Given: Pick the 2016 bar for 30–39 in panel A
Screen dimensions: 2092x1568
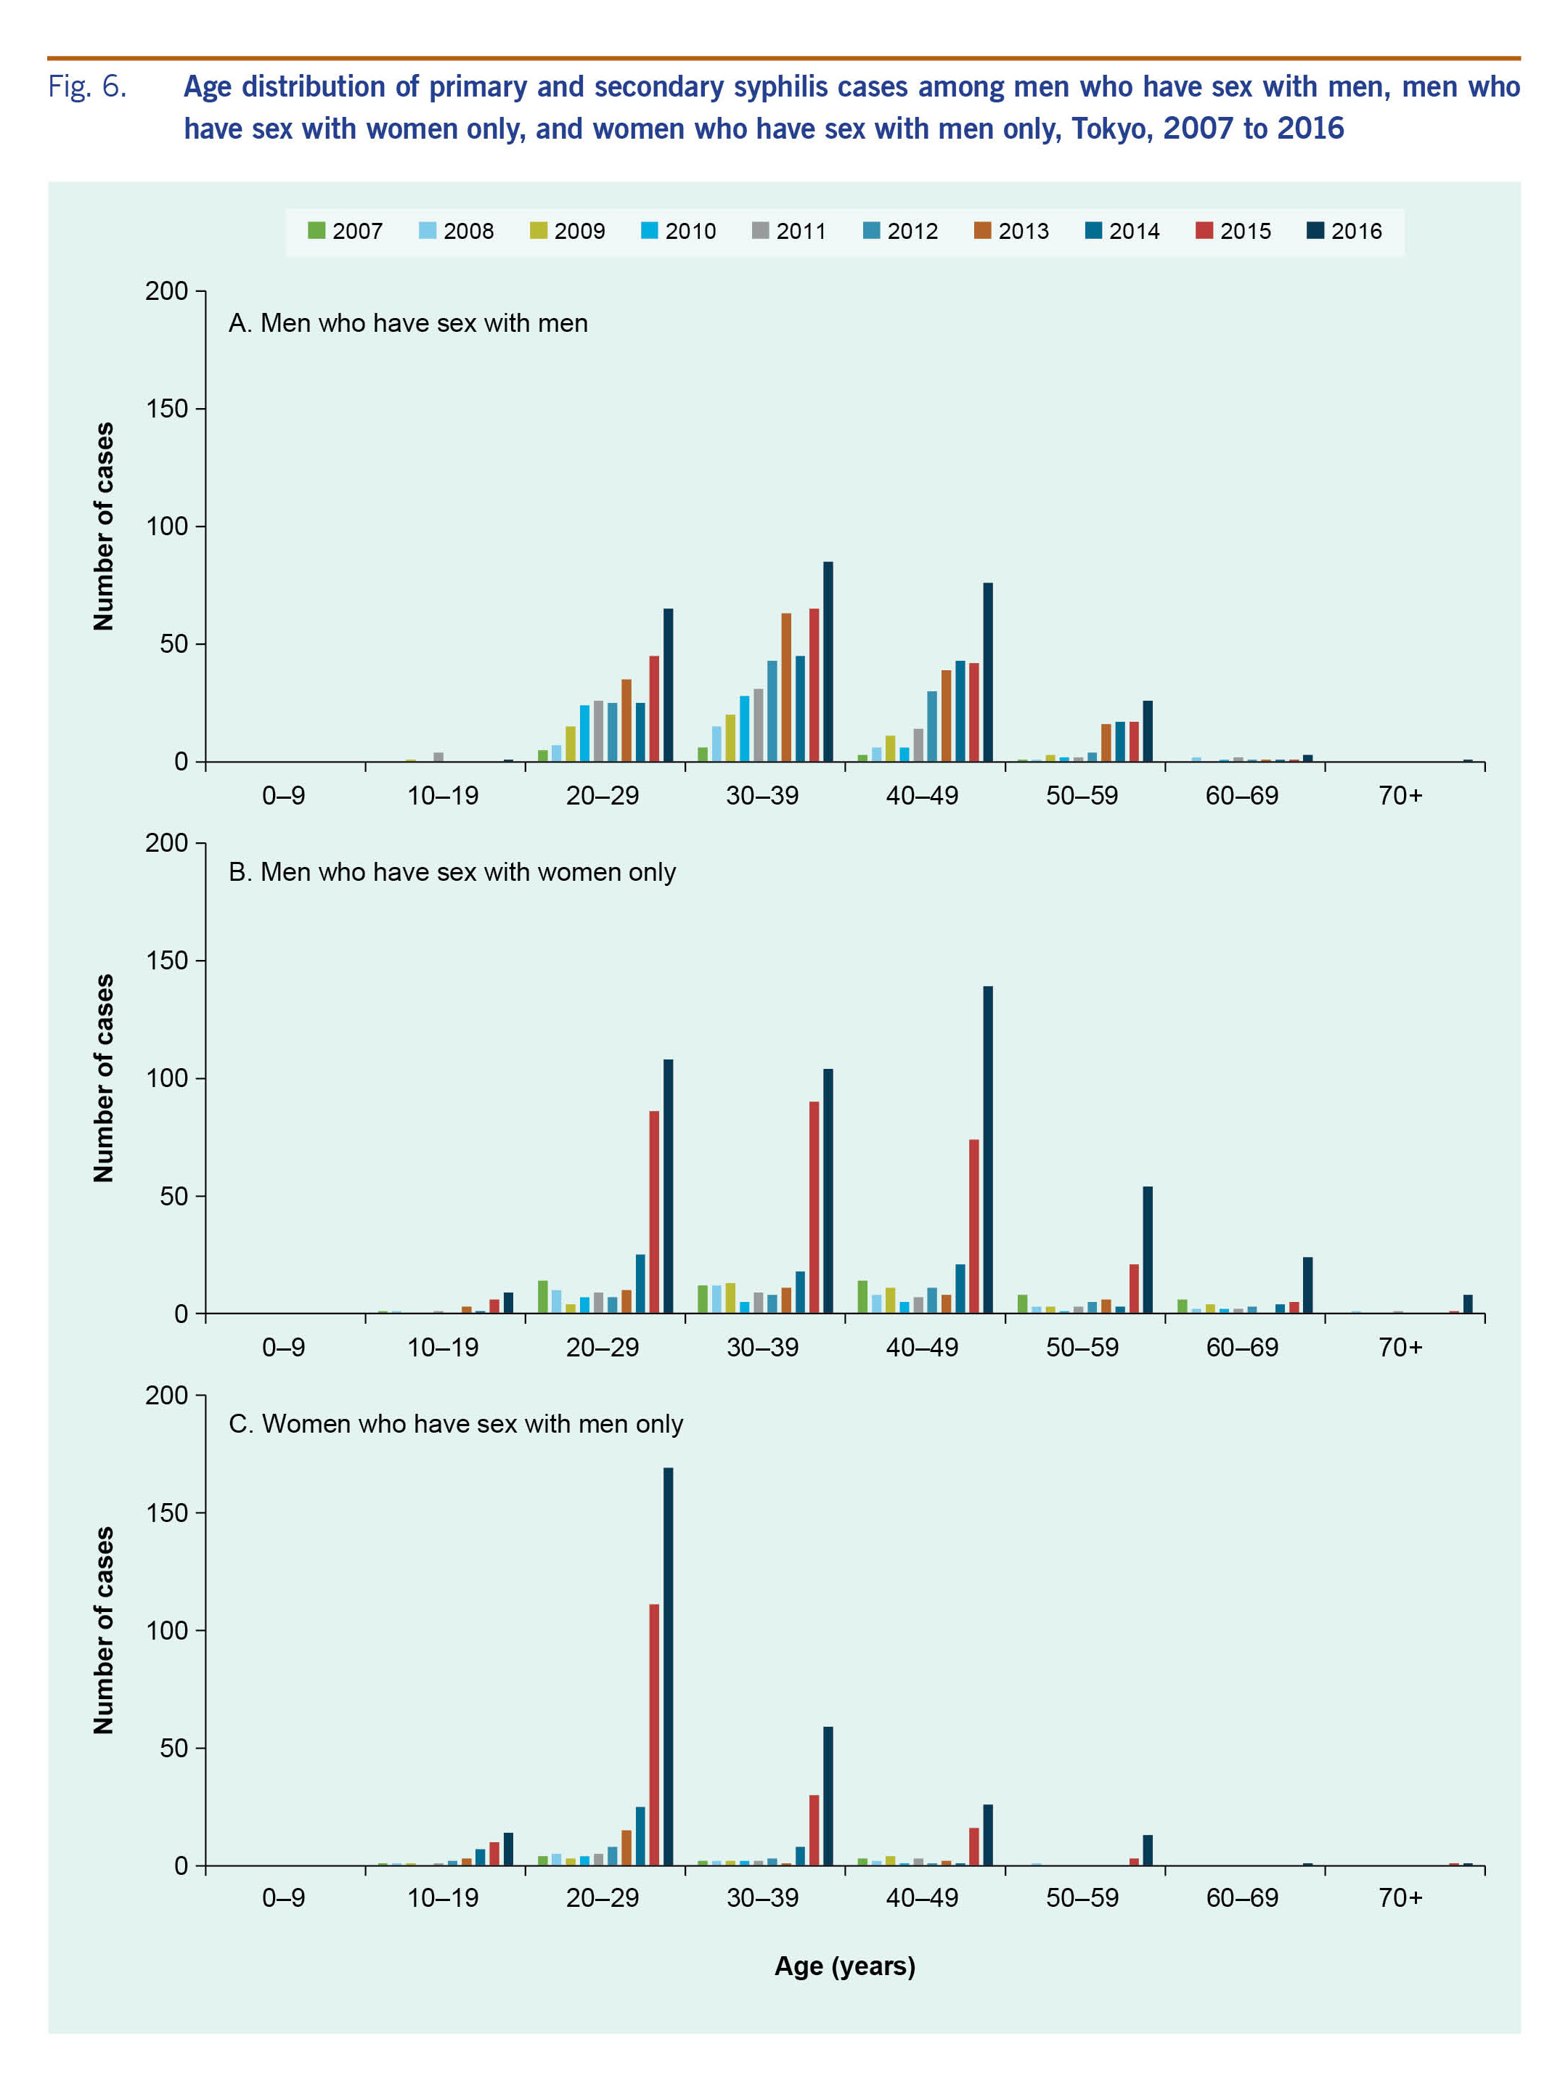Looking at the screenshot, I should point(828,662).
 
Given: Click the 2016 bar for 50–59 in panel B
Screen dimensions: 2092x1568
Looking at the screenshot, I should point(1147,1250).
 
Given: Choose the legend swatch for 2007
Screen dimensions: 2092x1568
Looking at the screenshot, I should point(317,231).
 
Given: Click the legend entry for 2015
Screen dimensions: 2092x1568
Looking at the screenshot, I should point(1233,231).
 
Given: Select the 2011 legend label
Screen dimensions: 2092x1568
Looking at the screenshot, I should point(800,231).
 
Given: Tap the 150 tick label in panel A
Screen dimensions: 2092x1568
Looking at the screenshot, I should point(166,409).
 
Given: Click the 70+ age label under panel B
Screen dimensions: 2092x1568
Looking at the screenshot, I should point(1400,1347).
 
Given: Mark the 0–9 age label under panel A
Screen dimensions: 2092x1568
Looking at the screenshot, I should point(284,795).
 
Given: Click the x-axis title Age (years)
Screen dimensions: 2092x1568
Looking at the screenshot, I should point(844,1966).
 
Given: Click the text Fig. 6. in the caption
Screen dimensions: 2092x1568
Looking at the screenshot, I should point(87,87).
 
